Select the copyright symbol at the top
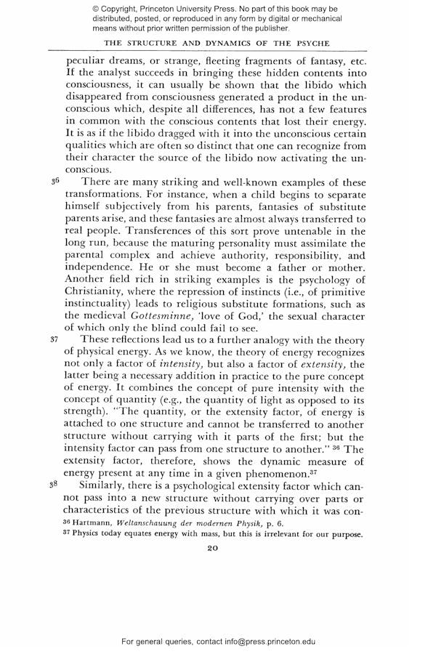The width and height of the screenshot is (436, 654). pos(97,8)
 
